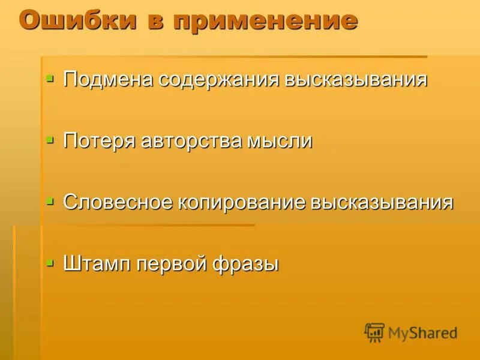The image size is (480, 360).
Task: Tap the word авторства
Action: tap(190, 142)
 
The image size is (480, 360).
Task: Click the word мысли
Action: tap(280, 142)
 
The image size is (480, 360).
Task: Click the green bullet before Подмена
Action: tap(50, 78)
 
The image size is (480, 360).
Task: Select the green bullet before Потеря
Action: tap(50, 139)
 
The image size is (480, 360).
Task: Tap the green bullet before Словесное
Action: tap(50, 200)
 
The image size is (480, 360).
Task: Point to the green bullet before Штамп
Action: tap(50, 262)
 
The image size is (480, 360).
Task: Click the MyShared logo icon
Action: tap(374, 332)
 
